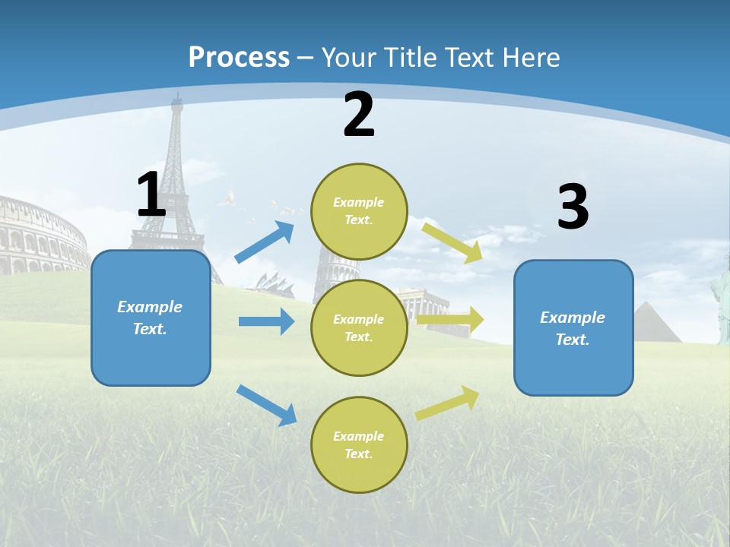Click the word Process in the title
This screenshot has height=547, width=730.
(239, 57)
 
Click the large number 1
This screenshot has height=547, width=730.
(151, 194)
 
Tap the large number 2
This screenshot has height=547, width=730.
(359, 115)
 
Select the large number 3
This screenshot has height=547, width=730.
(573, 207)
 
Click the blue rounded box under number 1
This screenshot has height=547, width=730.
(151, 318)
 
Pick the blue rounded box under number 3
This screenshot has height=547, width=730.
(573, 327)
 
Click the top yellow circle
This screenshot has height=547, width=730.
(359, 211)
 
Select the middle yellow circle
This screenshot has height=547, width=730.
(359, 327)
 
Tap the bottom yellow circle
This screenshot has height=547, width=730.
(359, 444)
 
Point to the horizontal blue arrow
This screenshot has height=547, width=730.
(266, 321)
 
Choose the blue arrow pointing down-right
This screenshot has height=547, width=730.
(267, 405)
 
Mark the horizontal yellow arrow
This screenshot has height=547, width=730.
(450, 320)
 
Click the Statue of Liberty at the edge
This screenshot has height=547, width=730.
(720, 300)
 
